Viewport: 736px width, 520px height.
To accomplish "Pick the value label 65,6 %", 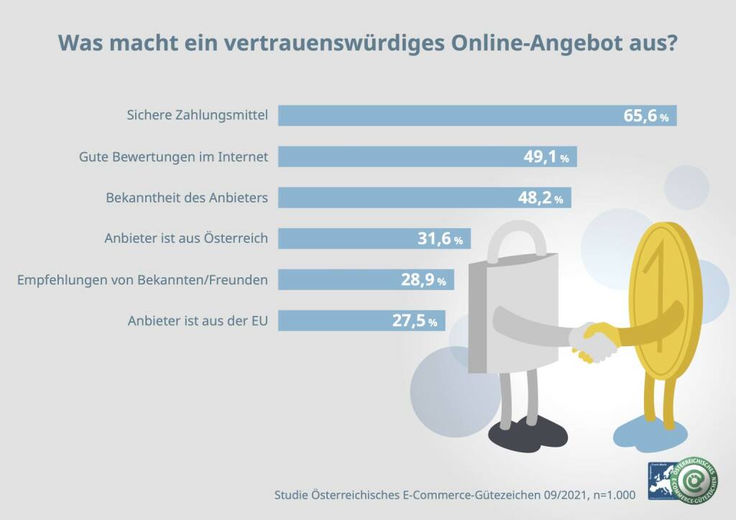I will (645, 116).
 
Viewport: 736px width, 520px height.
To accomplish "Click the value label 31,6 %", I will (440, 239).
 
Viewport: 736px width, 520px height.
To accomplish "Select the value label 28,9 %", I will (423, 280).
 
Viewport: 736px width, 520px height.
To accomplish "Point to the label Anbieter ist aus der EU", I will (198, 321).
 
